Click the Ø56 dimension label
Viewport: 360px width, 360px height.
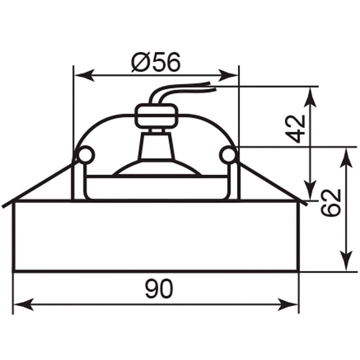click(156, 62)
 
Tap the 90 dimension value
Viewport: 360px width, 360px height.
click(159, 289)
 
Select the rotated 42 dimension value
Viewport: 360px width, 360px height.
click(297, 129)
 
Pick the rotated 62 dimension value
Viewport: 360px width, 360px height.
click(330, 202)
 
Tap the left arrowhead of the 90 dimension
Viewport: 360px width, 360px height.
click(24, 305)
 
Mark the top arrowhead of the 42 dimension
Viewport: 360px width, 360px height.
click(310, 97)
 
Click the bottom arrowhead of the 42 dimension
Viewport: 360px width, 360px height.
click(310, 190)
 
